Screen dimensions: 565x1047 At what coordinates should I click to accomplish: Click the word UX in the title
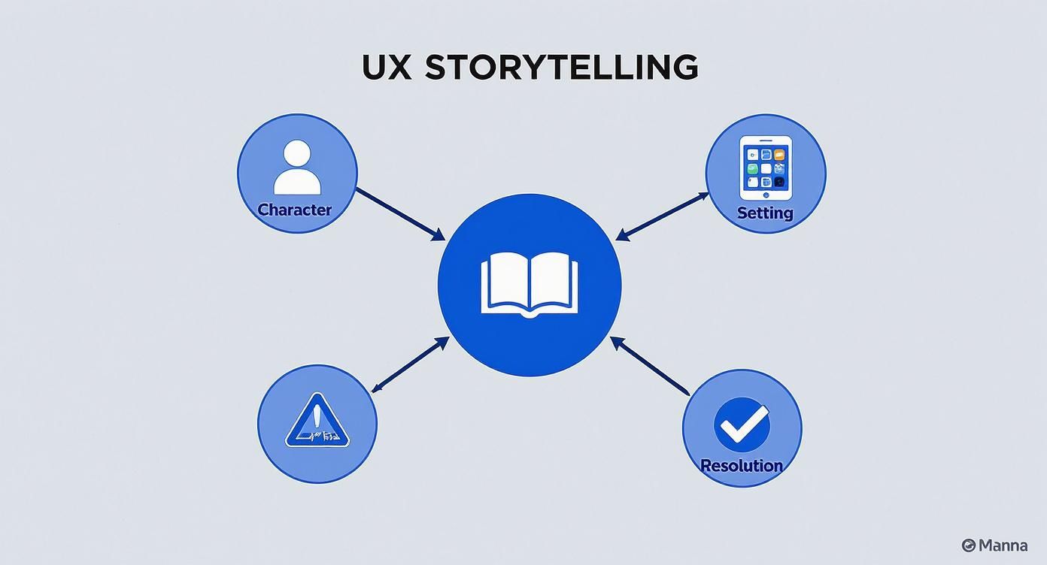(387, 68)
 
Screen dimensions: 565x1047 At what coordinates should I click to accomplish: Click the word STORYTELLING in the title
(561, 68)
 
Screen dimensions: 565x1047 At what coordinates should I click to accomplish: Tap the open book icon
(530, 284)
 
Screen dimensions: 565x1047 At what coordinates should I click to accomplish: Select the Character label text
(294, 210)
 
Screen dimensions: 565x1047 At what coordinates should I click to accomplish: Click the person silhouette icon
(297, 168)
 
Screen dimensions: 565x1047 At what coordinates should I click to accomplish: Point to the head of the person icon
(297, 153)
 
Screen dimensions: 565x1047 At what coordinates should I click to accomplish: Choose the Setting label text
(765, 213)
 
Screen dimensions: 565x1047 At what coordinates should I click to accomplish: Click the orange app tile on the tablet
(779, 154)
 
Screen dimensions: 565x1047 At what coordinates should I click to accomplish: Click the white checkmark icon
(742, 425)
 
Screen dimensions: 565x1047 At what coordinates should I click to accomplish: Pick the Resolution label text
(742, 466)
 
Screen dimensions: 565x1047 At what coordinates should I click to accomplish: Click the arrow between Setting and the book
(663, 216)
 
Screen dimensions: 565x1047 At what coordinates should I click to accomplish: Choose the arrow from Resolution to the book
(650, 366)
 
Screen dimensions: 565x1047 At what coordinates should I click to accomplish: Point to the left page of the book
(505, 282)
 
